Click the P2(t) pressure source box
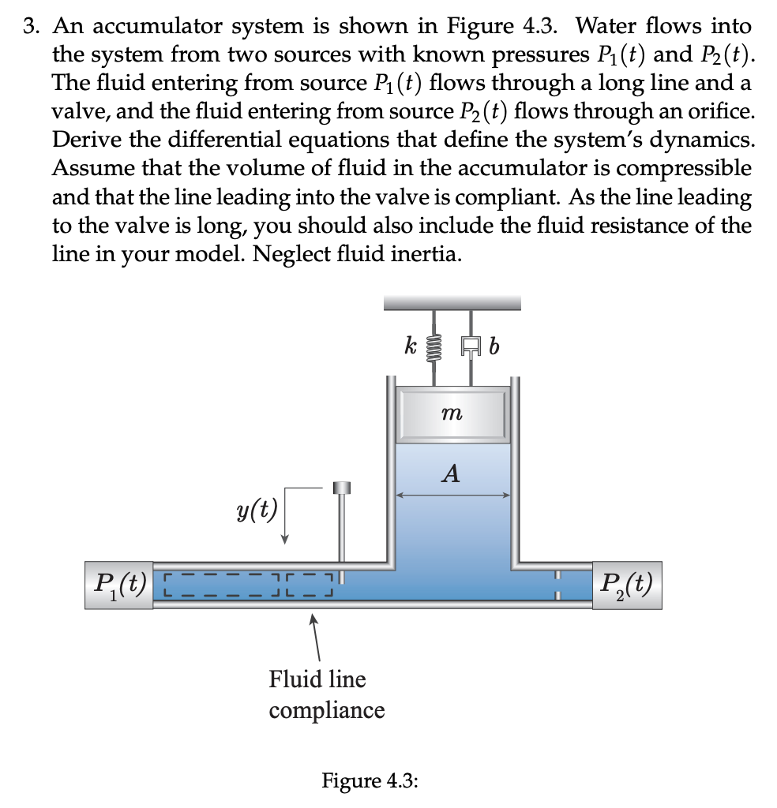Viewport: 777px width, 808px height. click(x=626, y=585)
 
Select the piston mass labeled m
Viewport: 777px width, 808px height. click(x=452, y=413)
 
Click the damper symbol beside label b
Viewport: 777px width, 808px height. click(x=471, y=345)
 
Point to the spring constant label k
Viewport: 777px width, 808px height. click(x=410, y=345)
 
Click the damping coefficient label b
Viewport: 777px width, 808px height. click(x=495, y=346)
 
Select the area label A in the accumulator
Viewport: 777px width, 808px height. click(x=451, y=474)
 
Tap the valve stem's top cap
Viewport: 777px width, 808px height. click(x=342, y=488)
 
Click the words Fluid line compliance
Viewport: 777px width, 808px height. click(x=326, y=694)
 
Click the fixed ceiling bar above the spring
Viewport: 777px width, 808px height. click(x=452, y=302)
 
